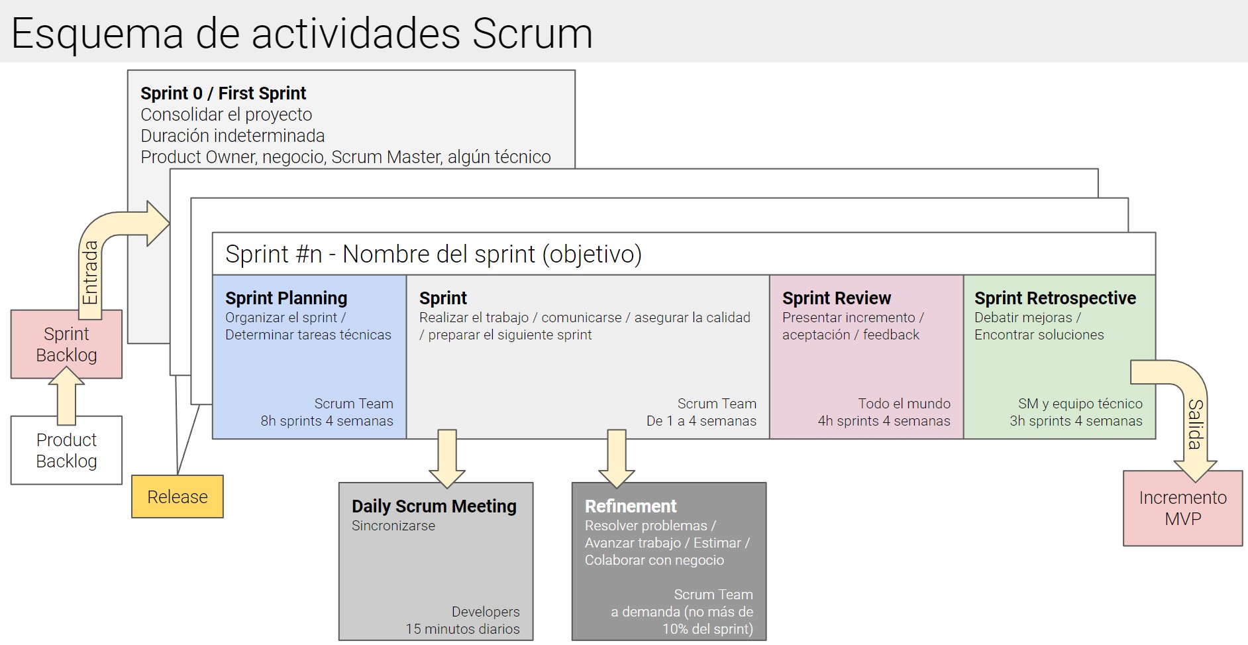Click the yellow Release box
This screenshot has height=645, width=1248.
pyautogui.click(x=178, y=497)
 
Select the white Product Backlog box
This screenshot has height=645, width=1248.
pyautogui.click(x=66, y=450)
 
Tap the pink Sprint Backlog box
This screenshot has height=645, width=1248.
pyautogui.click(x=66, y=344)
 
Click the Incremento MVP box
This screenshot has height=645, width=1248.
pyautogui.click(x=1182, y=508)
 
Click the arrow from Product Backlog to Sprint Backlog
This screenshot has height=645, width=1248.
pyautogui.click(x=66, y=396)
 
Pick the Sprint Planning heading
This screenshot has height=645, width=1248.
pyautogui.click(x=286, y=298)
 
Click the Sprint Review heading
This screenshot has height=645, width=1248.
pyautogui.click(x=837, y=298)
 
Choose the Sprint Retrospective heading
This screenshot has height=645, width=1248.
pyautogui.click(x=1055, y=298)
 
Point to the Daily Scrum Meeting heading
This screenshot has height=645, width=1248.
pyautogui.click(x=434, y=506)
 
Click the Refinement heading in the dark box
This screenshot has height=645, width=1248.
pyautogui.click(x=631, y=506)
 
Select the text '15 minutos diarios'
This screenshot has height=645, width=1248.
pyautogui.click(x=462, y=628)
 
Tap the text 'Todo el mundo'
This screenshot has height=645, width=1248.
pyautogui.click(x=904, y=404)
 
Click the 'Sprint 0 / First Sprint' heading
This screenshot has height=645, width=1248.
pyautogui.click(x=223, y=93)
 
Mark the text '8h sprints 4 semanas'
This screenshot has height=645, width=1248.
pyautogui.click(x=327, y=421)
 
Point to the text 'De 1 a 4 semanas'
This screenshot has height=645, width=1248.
pyautogui.click(x=701, y=421)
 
